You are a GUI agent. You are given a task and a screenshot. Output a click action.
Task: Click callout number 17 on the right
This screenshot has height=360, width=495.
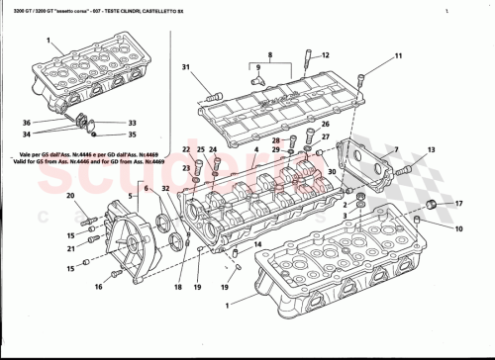point(458,203)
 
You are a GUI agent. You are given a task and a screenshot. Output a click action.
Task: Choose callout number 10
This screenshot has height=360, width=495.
point(458,228)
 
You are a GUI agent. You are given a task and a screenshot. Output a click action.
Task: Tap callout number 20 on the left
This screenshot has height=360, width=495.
point(70,196)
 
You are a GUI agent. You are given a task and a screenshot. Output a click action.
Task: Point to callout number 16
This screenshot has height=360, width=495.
point(98,286)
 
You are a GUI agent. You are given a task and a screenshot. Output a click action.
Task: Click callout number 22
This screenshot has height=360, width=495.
point(186,148)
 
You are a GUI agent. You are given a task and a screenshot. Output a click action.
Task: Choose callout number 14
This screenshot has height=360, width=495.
point(258,243)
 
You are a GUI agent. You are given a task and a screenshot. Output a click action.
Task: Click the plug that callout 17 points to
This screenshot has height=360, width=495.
point(432,204)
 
